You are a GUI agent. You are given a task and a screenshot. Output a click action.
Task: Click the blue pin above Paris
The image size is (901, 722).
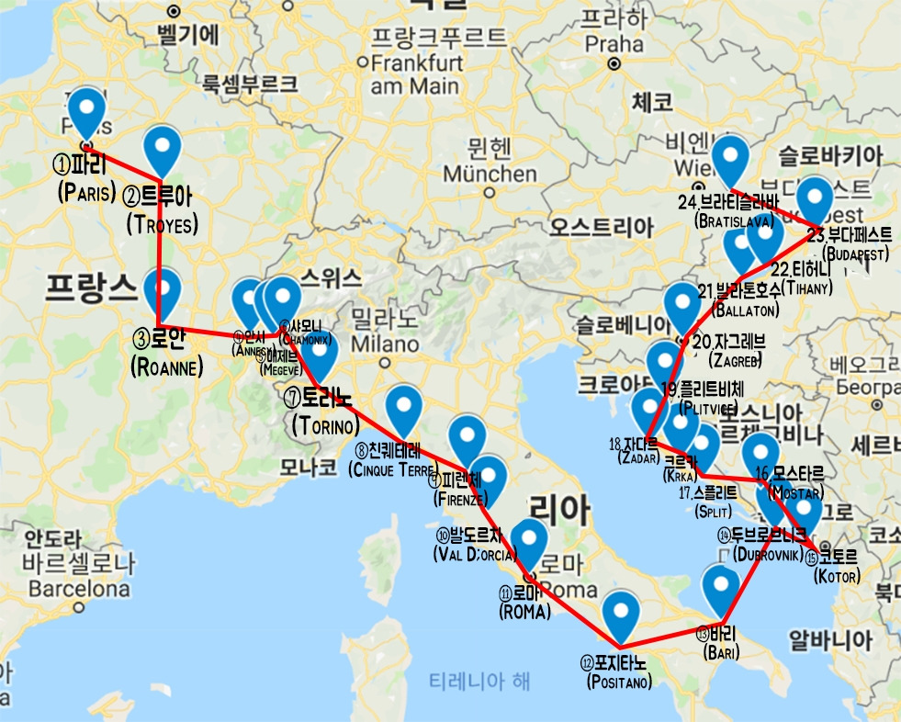coord(87,112)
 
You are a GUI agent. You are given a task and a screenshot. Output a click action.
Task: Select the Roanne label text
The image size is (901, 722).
coord(166,352)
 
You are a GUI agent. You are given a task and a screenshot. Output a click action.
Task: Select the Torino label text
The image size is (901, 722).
coord(324,412)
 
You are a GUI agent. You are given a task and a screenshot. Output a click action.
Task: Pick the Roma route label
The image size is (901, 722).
coord(524,602)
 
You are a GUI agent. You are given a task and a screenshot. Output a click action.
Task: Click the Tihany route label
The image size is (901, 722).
coord(802,278)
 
